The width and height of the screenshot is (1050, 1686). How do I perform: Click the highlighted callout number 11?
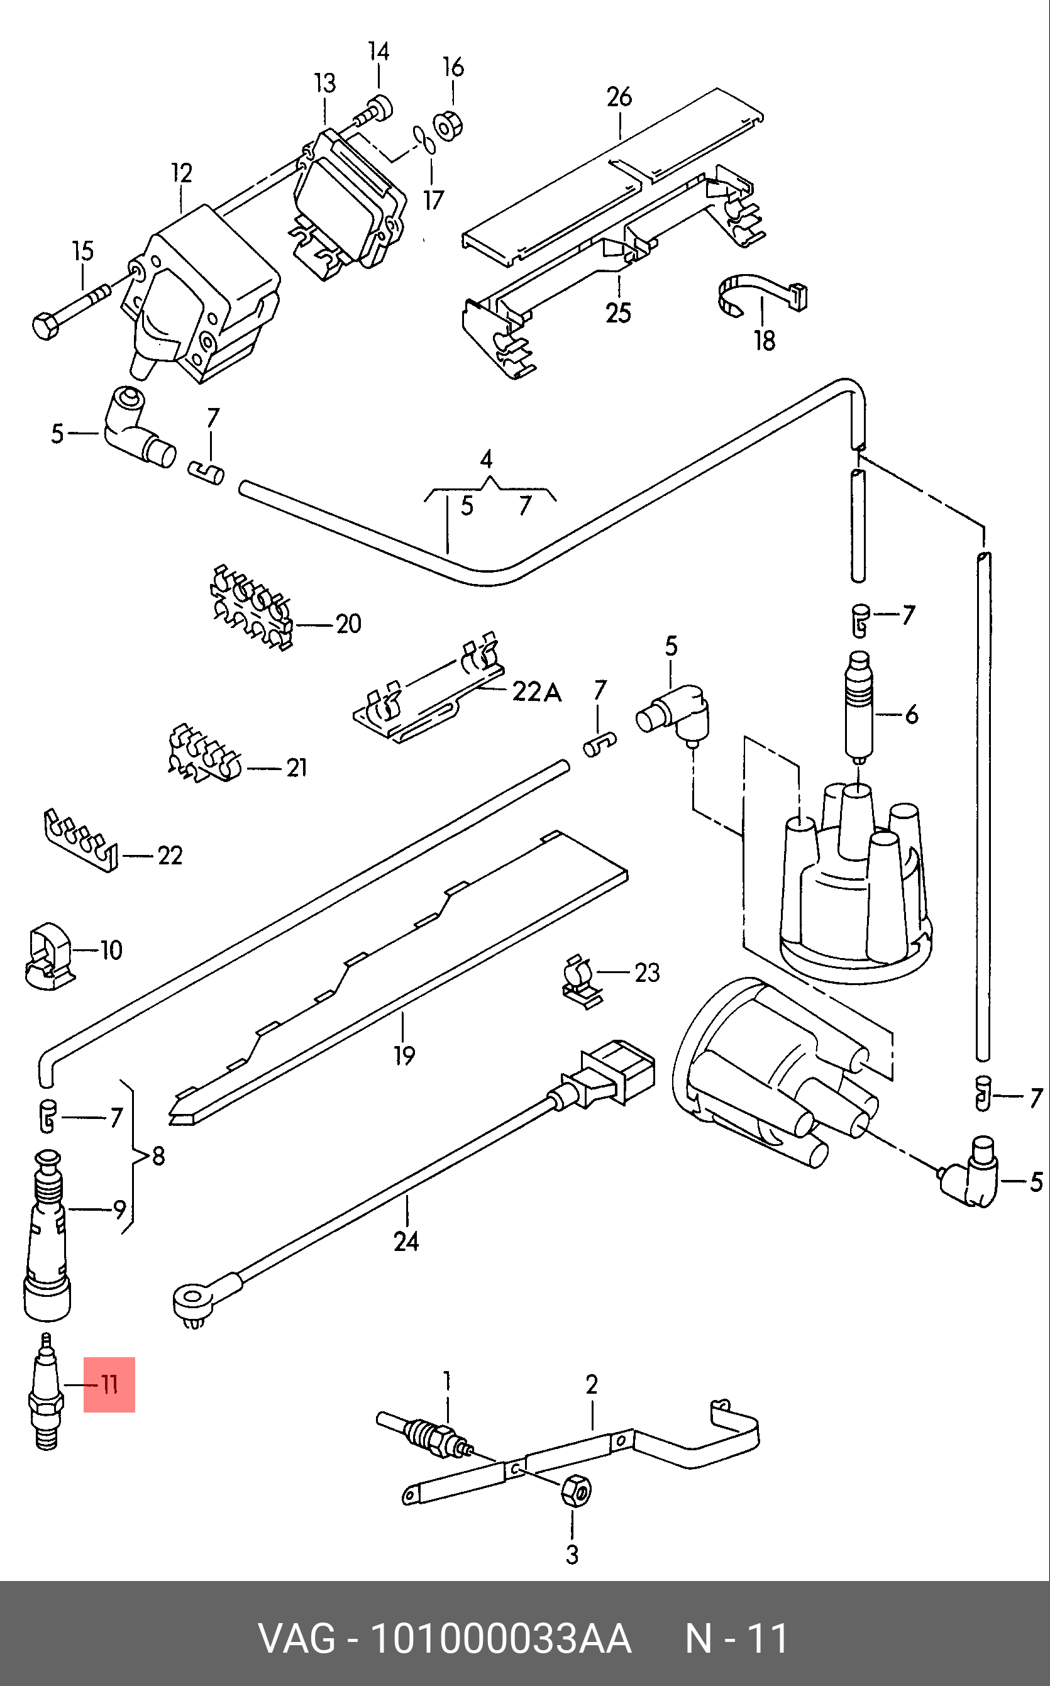pyautogui.click(x=109, y=1385)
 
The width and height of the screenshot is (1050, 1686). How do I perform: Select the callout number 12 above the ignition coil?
pyautogui.click(x=181, y=173)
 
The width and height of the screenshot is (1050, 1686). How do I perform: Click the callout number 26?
pyautogui.click(x=619, y=97)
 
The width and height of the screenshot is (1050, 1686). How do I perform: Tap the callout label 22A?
pyautogui.click(x=536, y=691)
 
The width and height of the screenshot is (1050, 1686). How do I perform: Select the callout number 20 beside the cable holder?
pyautogui.click(x=348, y=624)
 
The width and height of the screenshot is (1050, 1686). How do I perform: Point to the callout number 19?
pyautogui.click(x=404, y=1055)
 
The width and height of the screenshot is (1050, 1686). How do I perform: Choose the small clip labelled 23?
pyautogui.click(x=581, y=983)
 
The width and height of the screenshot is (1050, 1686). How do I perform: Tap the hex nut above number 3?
pyautogui.click(x=576, y=1490)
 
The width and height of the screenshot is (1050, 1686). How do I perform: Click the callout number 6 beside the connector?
pyautogui.click(x=911, y=714)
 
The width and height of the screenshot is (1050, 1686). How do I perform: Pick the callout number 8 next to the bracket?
pyautogui.click(x=158, y=1155)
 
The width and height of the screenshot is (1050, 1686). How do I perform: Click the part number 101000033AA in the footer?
pyautogui.click(x=500, y=1639)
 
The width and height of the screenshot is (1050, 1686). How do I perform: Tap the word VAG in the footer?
pyautogui.click(x=297, y=1639)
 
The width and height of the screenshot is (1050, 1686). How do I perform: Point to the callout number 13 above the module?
pyautogui.click(x=324, y=83)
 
